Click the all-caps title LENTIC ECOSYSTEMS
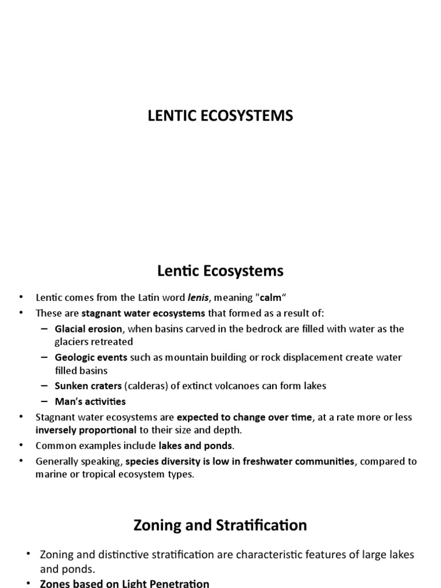(x=220, y=115)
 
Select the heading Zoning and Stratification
(x=220, y=525)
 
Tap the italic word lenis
(x=198, y=298)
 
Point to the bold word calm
(x=271, y=298)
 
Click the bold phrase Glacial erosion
(x=88, y=329)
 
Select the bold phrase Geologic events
(x=91, y=357)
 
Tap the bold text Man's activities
(x=90, y=401)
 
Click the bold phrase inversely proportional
(x=86, y=430)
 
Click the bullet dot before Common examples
(x=21, y=446)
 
